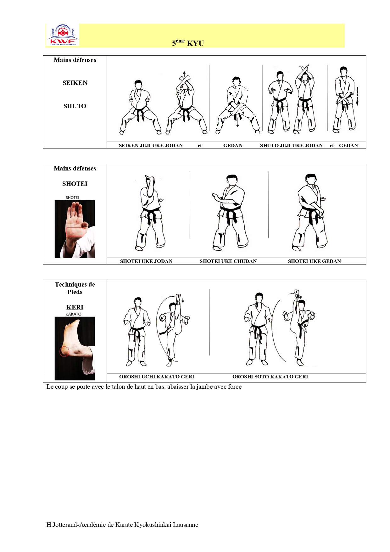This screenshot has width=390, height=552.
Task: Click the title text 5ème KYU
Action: pyautogui.click(x=188, y=43)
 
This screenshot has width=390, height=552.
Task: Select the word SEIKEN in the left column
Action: pyautogui.click(x=75, y=83)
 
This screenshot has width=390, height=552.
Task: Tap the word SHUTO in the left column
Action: pyautogui.click(x=75, y=106)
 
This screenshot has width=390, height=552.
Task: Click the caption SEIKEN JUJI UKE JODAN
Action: pyautogui.click(x=151, y=146)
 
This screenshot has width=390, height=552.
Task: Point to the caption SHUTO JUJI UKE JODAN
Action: pyautogui.click(x=291, y=146)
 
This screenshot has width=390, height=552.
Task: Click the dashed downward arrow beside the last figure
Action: pyautogui.click(x=357, y=96)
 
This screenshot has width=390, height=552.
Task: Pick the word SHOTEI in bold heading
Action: pyautogui.click(x=75, y=184)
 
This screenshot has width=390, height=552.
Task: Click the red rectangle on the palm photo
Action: pyautogui.click(x=75, y=232)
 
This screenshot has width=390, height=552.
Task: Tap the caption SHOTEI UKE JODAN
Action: pyautogui.click(x=146, y=261)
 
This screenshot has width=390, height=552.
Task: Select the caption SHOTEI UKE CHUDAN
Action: pyautogui.click(x=228, y=261)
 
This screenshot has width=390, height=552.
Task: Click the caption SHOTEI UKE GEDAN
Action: pyautogui.click(x=315, y=261)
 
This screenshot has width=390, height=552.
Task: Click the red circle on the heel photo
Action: pyautogui.click(x=64, y=351)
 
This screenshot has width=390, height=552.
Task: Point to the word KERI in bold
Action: pyautogui.click(x=75, y=307)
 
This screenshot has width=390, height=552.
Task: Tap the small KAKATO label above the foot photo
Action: pyautogui.click(x=74, y=314)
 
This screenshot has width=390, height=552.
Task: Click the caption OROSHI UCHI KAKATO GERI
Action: pyautogui.click(x=157, y=377)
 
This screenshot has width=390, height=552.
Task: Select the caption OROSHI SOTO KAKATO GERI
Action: pyautogui.click(x=270, y=377)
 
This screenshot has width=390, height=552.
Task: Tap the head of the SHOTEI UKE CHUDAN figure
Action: pyautogui.click(x=232, y=180)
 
